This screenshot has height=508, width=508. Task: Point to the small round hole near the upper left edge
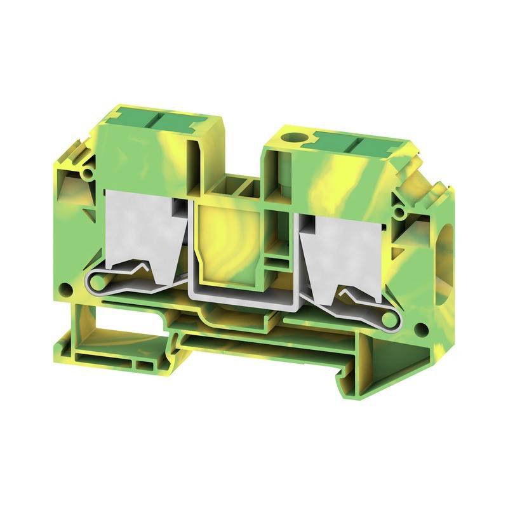click(x=88, y=172)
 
